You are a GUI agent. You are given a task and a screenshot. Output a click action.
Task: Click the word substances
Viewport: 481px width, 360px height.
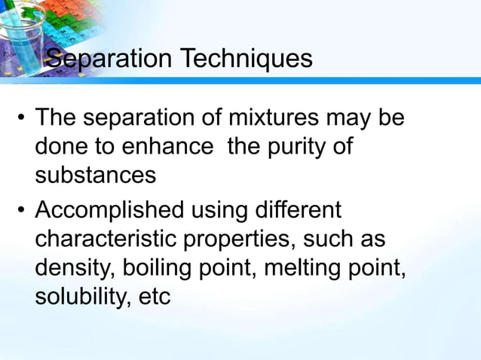(x=96, y=175)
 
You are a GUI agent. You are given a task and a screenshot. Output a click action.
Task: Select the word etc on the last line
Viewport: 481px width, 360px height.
(x=154, y=296)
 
